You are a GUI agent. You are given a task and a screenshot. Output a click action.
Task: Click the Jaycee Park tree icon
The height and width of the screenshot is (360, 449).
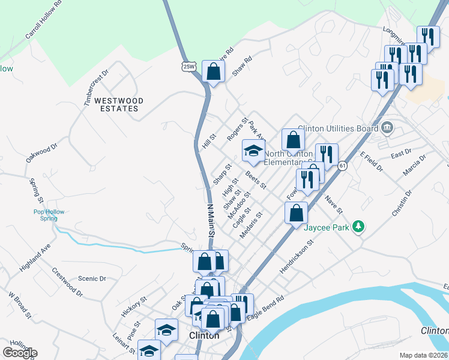point(358,226)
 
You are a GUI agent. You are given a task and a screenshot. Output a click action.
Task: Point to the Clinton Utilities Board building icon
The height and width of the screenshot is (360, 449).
point(387,127)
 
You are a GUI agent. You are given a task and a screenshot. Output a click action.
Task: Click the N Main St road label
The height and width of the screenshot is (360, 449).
point(211,220)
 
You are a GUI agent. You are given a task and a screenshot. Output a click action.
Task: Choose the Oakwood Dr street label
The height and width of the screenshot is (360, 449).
point(41,152)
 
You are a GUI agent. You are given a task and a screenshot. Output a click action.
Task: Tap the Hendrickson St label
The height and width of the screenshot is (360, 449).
point(297,259)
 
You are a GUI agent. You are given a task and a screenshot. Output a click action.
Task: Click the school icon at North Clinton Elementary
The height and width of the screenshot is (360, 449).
point(253,151)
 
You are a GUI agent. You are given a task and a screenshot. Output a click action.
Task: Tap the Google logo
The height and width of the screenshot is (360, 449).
point(20,353)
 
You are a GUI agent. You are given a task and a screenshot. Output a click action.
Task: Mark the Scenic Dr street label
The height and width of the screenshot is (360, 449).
point(92,279)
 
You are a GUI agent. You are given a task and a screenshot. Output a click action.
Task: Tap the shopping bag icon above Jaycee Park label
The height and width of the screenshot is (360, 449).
point(297,213)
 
